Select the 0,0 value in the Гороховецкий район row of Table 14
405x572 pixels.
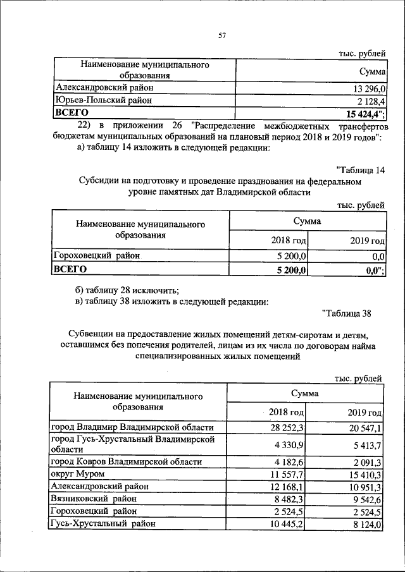[378, 256]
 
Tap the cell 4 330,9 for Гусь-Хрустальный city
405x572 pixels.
[289, 446]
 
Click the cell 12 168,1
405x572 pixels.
[287, 486]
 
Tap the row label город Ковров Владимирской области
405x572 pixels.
[126, 461]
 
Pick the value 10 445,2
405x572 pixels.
[287, 523]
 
